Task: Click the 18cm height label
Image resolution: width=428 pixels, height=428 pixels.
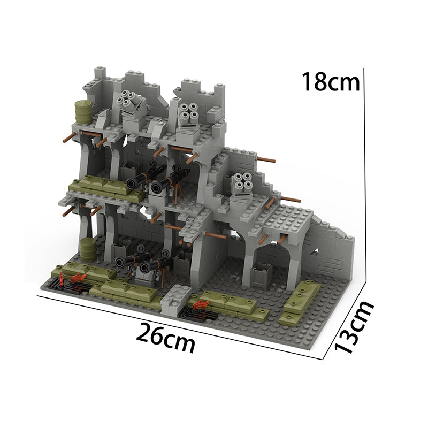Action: tap(331, 81)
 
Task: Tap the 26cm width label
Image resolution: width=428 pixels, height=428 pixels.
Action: tap(166, 338)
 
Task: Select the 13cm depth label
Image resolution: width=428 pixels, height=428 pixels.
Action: tap(354, 327)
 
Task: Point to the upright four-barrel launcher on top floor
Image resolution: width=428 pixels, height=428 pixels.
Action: tap(188, 116)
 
